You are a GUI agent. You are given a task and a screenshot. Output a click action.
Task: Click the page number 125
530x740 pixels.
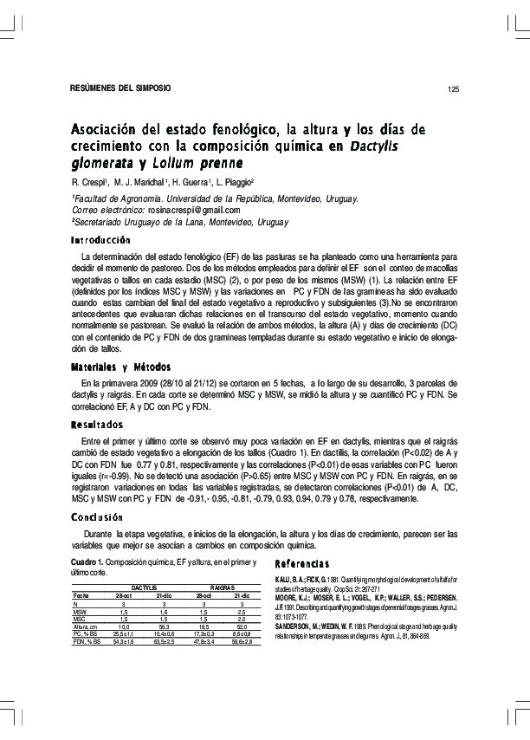[453, 90]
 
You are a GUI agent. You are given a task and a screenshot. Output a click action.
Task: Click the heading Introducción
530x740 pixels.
[100, 239]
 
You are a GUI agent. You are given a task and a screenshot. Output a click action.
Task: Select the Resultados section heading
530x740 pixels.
[97, 424]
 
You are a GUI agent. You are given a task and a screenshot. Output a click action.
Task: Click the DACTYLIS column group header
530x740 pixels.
[156, 587]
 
